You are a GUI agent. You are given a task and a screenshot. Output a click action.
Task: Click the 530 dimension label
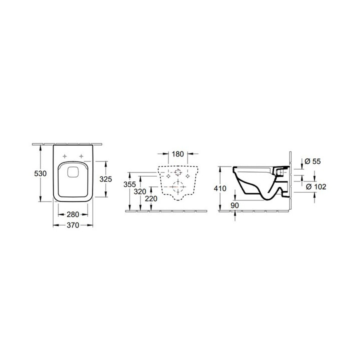tap(40, 173)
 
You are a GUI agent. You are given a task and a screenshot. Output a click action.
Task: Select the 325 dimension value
tap(105, 179)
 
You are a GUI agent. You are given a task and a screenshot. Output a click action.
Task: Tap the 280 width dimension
tap(73, 214)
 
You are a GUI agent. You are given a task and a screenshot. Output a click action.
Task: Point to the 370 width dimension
tap(73, 225)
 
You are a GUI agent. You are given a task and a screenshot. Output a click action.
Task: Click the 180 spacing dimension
tap(178, 154)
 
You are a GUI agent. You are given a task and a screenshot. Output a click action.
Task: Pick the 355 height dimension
tap(129, 184)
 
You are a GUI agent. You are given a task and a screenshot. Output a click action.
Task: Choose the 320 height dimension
tap(140, 191)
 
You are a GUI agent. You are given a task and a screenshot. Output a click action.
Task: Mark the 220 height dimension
tap(151, 198)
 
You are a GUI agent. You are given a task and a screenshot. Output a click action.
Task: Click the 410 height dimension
tap(220, 188)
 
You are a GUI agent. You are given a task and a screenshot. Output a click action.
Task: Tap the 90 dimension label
tap(234, 205)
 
